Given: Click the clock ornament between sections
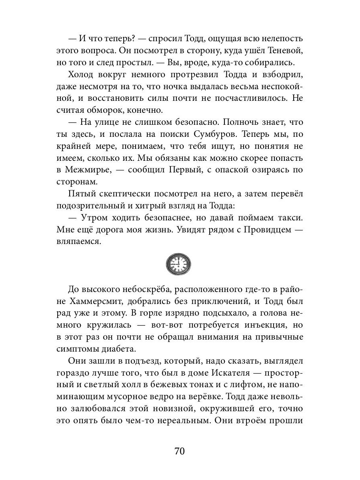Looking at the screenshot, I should point(178,264).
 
